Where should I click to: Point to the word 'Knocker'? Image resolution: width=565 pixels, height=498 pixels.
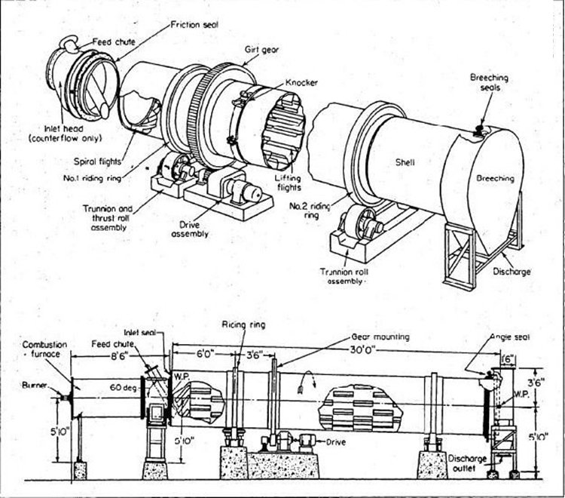pos(301,82)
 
